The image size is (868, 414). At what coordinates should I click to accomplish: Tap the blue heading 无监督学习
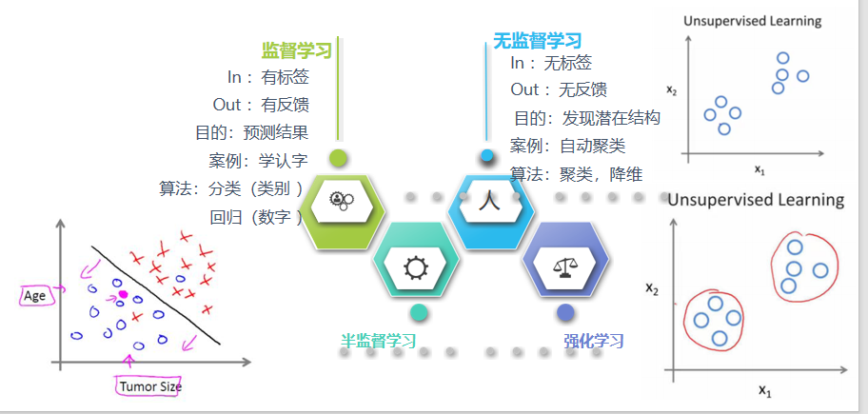[x=537, y=40]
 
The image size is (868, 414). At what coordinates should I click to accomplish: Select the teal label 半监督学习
[x=379, y=341]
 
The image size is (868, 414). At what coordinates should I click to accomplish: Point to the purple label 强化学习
[x=593, y=341]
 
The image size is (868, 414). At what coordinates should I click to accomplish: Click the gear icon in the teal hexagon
[x=417, y=267]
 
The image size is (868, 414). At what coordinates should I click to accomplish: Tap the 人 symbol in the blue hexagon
[x=489, y=201]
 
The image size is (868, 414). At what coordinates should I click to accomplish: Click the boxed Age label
[x=35, y=296]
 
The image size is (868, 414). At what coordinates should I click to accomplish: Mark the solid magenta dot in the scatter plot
[x=123, y=295]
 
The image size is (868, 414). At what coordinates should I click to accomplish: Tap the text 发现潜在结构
[x=611, y=119]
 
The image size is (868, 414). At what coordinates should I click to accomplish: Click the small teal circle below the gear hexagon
[x=418, y=312]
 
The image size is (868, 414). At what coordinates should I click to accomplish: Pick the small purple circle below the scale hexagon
[x=565, y=312]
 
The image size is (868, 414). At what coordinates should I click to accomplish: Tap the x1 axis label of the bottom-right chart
[x=764, y=390]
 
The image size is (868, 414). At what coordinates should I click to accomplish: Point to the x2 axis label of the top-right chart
[x=672, y=91]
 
